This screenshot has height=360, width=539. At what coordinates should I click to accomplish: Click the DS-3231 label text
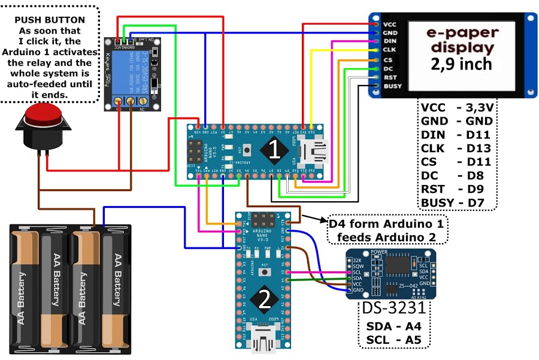[x=394, y=308]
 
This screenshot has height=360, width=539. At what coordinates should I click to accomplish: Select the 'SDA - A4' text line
[x=394, y=326]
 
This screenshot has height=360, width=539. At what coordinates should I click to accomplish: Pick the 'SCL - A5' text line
[x=394, y=341]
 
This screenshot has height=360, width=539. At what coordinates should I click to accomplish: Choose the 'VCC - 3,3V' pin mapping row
[x=456, y=108]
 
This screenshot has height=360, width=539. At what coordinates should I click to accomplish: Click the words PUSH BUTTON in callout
[x=49, y=20]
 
